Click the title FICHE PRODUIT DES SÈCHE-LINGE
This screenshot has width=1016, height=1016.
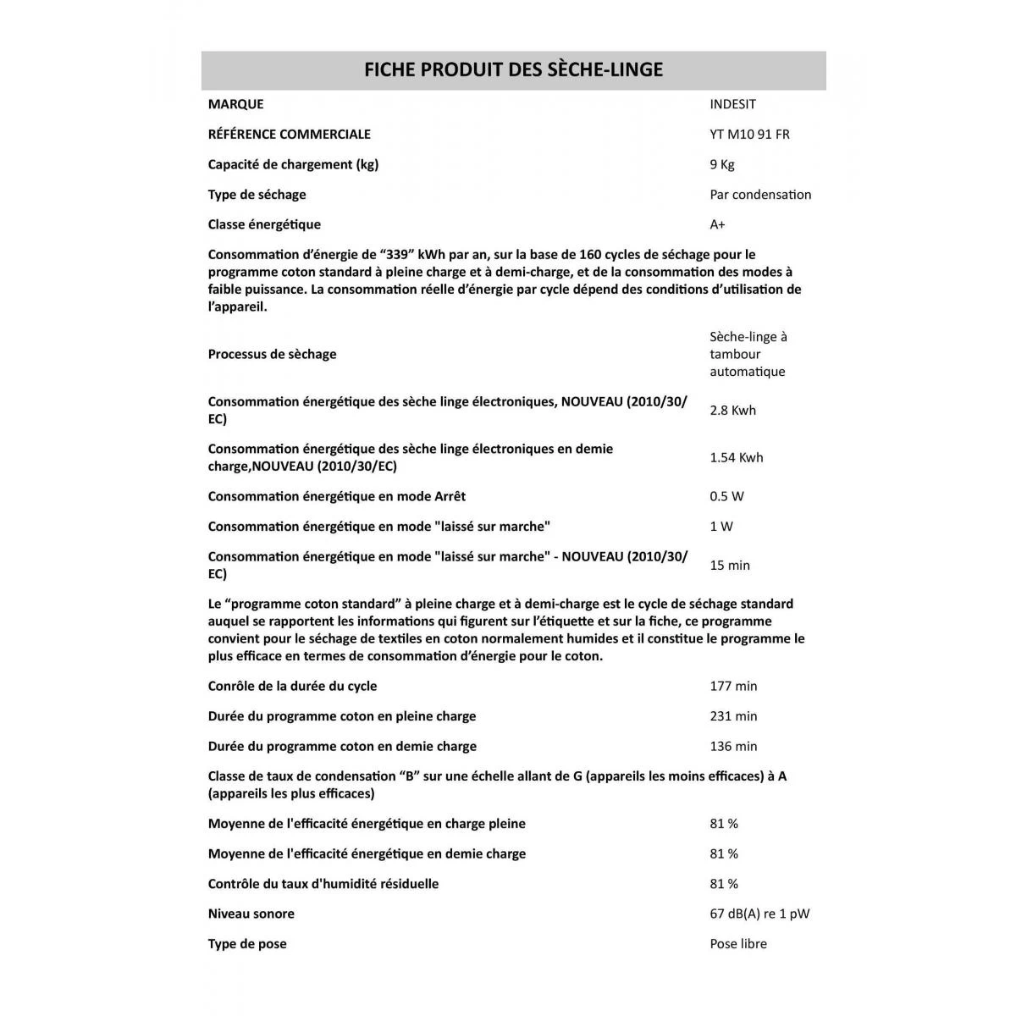pyautogui.click(x=513, y=69)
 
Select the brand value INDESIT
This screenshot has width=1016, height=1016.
pyautogui.click(x=732, y=104)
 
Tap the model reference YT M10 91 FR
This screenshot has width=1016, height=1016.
pyautogui.click(x=749, y=134)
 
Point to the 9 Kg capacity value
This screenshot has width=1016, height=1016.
pyautogui.click(x=721, y=164)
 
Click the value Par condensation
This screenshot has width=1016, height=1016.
pyautogui.click(x=759, y=195)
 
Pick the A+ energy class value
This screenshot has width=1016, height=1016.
pyautogui.click(x=717, y=224)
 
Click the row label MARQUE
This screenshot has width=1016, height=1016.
pyautogui.click(x=235, y=104)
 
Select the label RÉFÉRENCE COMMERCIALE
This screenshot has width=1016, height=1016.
pyautogui.click(x=289, y=134)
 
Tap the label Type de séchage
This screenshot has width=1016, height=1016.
pyautogui.click(x=257, y=195)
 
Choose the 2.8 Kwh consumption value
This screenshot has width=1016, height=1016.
pyautogui.click(x=732, y=411)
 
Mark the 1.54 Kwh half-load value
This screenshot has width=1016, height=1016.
pyautogui.click(x=736, y=458)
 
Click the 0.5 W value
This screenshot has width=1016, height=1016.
pyautogui.click(x=726, y=496)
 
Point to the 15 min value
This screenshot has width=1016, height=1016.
pyautogui.click(x=729, y=566)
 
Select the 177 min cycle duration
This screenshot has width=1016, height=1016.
pyautogui.click(x=733, y=686)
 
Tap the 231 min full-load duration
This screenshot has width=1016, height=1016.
pyautogui.click(x=733, y=716)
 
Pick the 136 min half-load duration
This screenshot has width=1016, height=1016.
pyautogui.click(x=733, y=747)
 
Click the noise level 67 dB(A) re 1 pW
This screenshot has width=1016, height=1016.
pyautogui.click(x=759, y=914)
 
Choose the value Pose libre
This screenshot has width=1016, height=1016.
pyautogui.click(x=737, y=944)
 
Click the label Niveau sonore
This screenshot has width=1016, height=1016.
pyautogui.click(x=251, y=914)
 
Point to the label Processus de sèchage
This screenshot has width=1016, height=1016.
pyautogui.click(x=272, y=354)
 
